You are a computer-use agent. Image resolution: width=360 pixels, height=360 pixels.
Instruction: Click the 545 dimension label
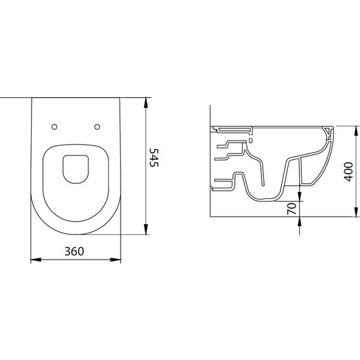pos(154,157)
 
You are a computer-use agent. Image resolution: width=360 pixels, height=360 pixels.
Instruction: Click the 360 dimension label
pos(74,251)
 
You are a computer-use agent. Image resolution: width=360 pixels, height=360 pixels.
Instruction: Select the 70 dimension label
pos(292,208)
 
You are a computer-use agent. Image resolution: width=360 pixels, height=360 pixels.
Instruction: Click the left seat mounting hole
pos(54,127)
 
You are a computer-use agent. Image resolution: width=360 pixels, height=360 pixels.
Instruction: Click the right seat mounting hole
pos(97,126)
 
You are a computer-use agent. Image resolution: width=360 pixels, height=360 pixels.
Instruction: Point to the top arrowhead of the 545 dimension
pos(146,102)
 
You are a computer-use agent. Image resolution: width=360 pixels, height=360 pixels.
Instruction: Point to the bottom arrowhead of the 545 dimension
pos(146,229)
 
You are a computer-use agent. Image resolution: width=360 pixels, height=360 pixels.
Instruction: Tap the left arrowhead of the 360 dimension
pos(36,260)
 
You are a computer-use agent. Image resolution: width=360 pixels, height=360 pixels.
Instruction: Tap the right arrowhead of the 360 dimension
pos(116,260)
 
